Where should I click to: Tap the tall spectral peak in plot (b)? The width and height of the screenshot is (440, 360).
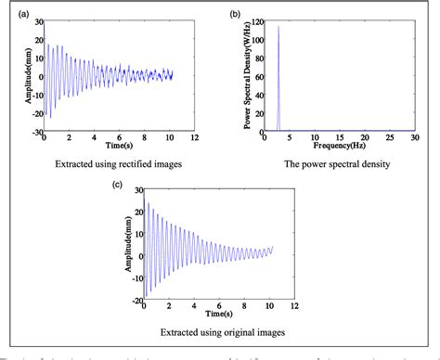(x=278, y=28)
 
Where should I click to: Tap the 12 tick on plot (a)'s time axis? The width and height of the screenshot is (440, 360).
(x=192, y=140)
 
